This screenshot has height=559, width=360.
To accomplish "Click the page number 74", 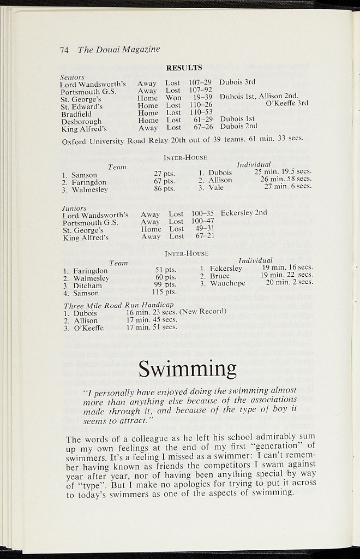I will [64, 50].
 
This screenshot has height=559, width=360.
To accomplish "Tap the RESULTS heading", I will [184, 68].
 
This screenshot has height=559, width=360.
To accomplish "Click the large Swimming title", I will [187, 369].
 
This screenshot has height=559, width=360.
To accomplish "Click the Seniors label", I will [72, 78].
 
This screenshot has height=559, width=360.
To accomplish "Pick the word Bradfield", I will [76, 114].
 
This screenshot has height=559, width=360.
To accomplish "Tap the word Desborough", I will [81, 122].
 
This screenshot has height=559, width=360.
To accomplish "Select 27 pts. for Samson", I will [164, 174].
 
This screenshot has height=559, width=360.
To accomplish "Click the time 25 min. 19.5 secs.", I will [283, 171].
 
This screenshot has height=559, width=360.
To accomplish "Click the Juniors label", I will [74, 208].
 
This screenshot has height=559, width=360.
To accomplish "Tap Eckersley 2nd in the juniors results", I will [244, 212].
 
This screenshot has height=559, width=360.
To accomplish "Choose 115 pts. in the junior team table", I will [164, 292].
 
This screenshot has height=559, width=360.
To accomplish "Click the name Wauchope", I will [227, 283].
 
